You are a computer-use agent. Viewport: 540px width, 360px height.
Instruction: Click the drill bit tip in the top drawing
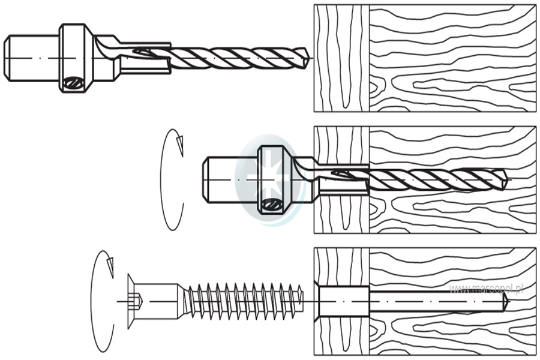[307, 58]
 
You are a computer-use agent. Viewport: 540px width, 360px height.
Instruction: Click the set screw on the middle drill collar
[272, 205]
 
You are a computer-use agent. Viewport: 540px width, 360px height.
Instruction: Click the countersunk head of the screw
[131, 301]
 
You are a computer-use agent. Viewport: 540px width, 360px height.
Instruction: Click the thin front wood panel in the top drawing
[341, 58]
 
